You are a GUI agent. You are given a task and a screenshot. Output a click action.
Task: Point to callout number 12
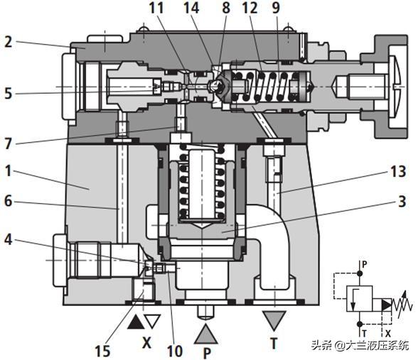pos(249,10)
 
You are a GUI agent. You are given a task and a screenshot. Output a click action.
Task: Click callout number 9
pos(276,10)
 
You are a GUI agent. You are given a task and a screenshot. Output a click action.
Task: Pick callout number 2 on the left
pos(9,42)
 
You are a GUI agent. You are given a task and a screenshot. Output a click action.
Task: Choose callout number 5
pos(9,92)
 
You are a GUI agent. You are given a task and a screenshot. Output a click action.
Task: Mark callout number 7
pos(9,142)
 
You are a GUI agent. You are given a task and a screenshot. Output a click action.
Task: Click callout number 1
pos(9,172)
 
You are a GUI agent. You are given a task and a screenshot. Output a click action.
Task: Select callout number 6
pos(9,201)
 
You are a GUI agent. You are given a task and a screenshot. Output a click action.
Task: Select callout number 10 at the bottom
pos(174,350)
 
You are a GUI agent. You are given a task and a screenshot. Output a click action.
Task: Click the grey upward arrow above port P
pos(205,328)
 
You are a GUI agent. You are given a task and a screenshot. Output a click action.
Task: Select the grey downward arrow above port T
pos(272,317)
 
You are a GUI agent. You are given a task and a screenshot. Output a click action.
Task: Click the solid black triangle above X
pos(136,322)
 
